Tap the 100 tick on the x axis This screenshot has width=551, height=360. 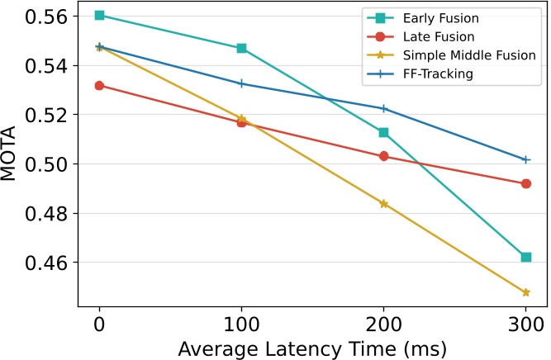[241, 321]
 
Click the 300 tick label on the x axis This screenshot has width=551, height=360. [525, 321]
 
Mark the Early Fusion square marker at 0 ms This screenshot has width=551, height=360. [99, 16]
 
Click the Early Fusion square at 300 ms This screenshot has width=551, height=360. [526, 258]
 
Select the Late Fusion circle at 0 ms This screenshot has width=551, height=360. [99, 86]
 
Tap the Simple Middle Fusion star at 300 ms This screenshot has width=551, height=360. [526, 292]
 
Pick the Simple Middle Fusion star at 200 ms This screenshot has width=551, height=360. [383, 203]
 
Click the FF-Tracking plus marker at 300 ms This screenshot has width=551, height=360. [526, 159]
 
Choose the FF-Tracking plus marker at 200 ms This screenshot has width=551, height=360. [383, 109]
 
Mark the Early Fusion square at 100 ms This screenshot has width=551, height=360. [241, 49]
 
